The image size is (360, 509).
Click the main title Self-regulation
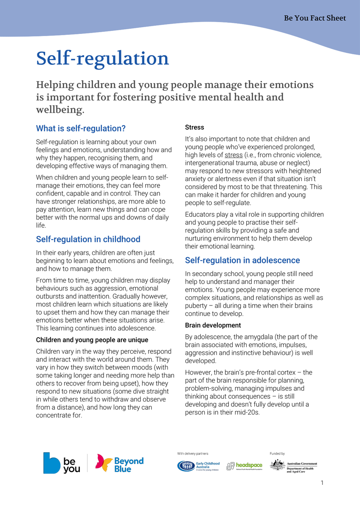[x=102, y=59]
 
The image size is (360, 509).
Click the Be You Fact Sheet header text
[x=315, y=18]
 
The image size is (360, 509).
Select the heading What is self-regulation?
[x=81, y=128]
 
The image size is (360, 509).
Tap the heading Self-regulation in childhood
[x=88, y=239]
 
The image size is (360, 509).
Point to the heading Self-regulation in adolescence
[x=242, y=260]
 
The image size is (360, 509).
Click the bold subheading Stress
[x=194, y=127]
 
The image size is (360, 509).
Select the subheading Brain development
[x=213, y=325]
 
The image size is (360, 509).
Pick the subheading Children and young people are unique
[x=92, y=340]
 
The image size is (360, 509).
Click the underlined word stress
[x=233, y=155]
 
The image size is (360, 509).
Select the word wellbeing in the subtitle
[x=60, y=110]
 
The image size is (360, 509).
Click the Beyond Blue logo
[x=119, y=464]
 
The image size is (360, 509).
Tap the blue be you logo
[x=62, y=463]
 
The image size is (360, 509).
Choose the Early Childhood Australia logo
[x=199, y=466]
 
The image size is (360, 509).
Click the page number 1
[x=322, y=483]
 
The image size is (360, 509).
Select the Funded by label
[x=277, y=453]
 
